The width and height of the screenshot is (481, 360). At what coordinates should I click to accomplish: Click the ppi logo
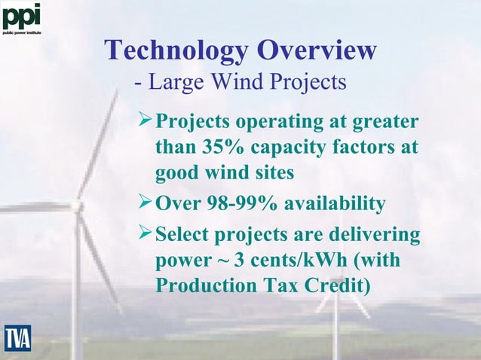tap(21, 17)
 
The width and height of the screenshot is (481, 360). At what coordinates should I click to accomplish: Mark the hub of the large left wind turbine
tap(77, 205)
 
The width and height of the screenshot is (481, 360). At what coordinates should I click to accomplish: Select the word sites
tap(271, 174)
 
